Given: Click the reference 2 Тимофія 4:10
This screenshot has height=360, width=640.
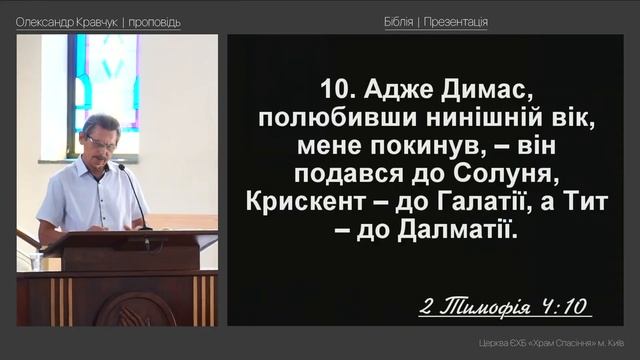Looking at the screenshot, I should (505, 305).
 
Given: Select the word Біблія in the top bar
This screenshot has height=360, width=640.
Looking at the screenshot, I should (398, 22).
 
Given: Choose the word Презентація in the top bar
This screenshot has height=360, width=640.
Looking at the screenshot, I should (456, 22).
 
